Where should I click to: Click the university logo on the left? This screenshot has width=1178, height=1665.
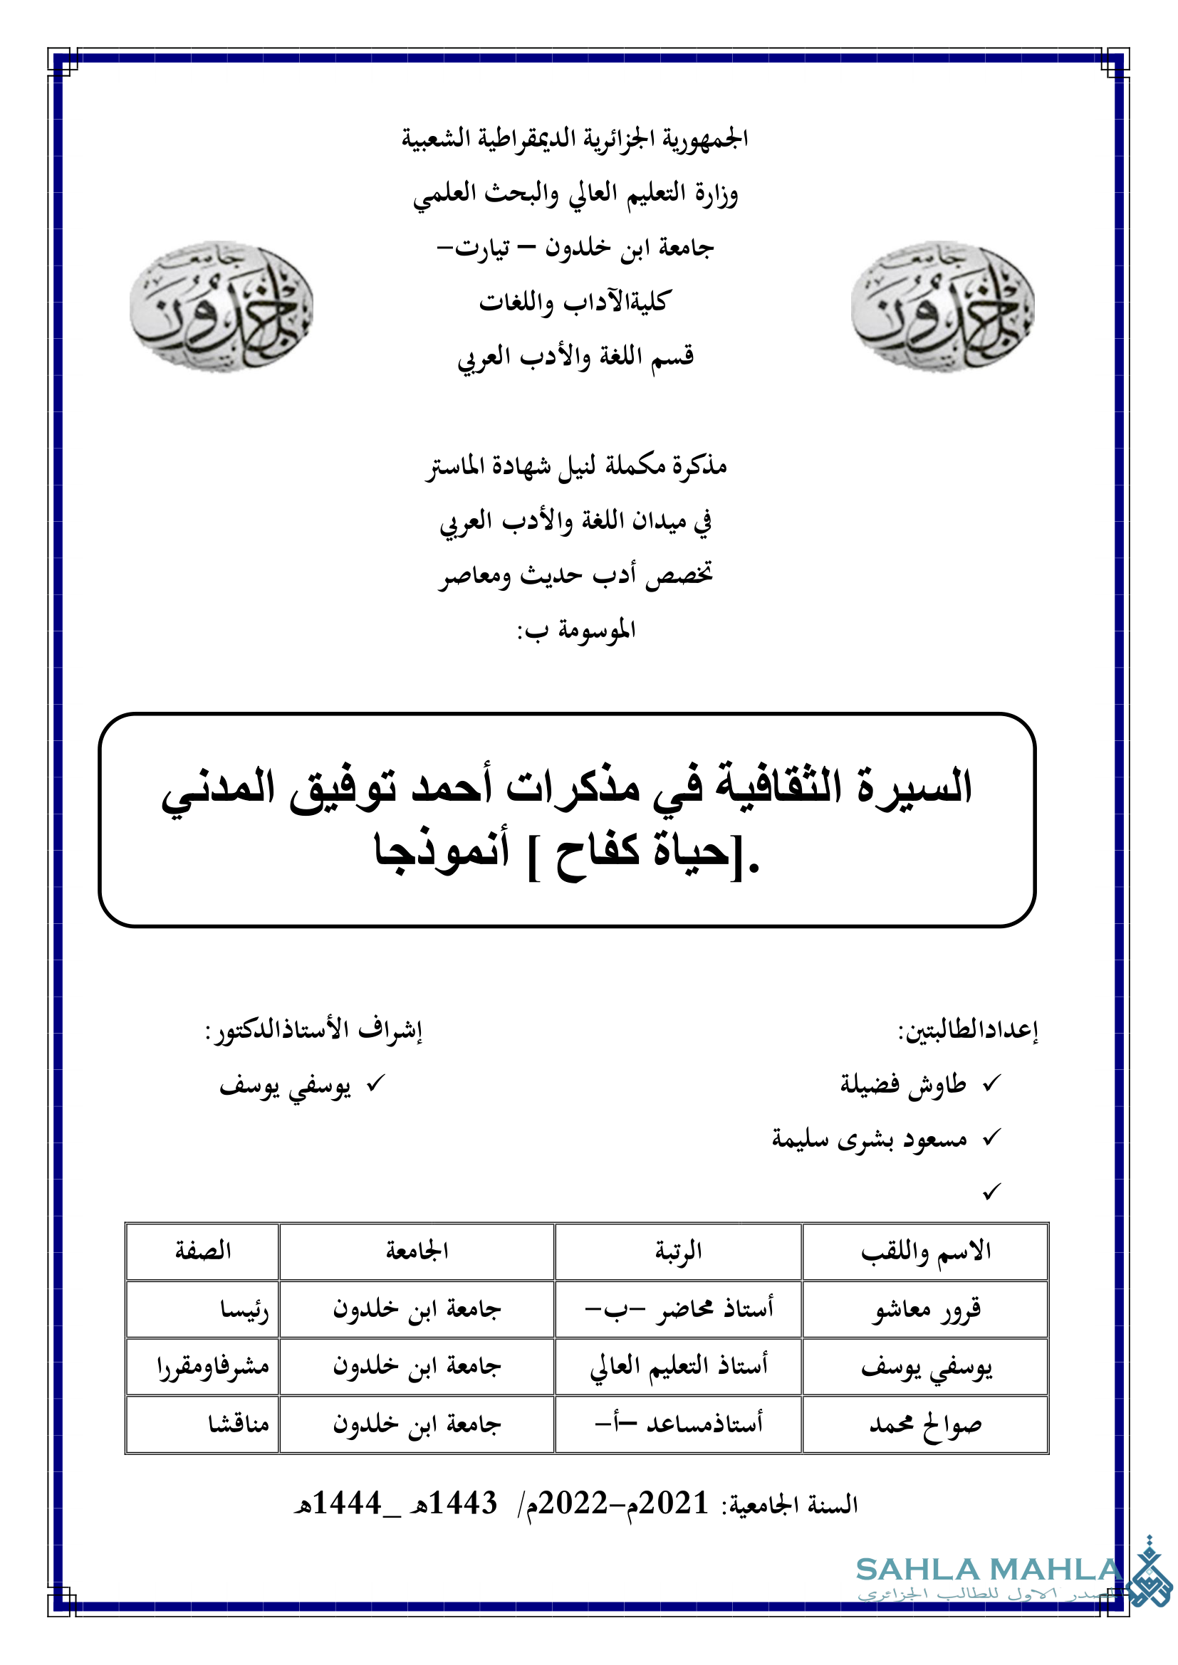click(221, 307)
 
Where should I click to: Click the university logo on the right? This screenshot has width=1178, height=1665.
click(942, 307)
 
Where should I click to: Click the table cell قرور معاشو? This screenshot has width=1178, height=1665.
click(926, 1309)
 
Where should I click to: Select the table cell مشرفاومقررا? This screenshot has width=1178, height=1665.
click(212, 1367)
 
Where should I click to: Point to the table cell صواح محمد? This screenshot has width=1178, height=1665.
click(926, 1424)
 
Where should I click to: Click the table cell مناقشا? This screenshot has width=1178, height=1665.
click(239, 1424)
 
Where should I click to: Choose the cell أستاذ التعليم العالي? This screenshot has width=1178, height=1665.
click(678, 1367)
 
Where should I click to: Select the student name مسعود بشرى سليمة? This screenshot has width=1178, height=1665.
click(869, 1139)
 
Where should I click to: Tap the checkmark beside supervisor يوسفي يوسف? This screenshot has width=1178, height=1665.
click(376, 1084)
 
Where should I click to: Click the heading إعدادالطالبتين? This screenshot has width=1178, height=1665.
click(969, 1030)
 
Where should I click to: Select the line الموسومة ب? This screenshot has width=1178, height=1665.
click(577, 630)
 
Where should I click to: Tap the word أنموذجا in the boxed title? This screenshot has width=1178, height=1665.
click(442, 849)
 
